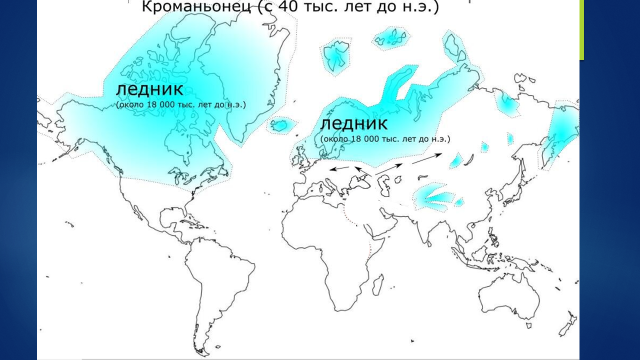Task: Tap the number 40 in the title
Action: tap(284, 8)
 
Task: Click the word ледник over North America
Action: tap(149, 89)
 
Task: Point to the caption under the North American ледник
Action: tap(181, 104)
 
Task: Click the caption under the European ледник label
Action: tap(385, 138)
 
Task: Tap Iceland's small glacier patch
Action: tap(284, 125)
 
